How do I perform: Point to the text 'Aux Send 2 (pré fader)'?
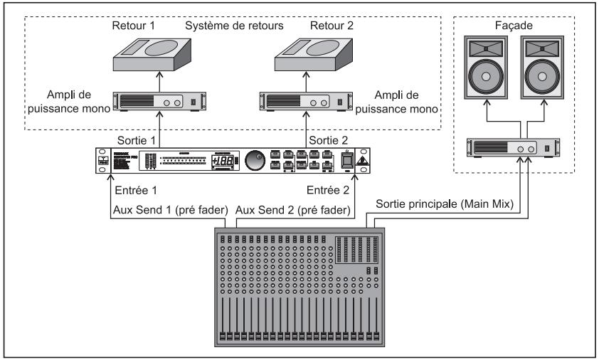click(x=292, y=211)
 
